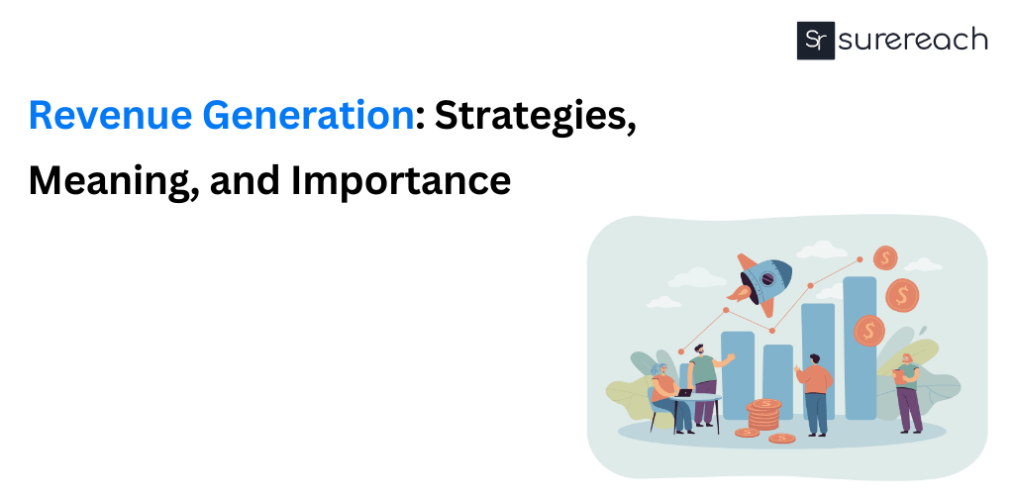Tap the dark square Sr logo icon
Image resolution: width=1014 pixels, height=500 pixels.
click(x=816, y=41)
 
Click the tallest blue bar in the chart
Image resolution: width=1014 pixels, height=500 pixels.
click(x=860, y=347)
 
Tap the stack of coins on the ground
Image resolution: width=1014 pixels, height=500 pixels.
click(x=763, y=415)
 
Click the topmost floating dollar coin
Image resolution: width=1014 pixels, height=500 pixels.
click(x=884, y=258)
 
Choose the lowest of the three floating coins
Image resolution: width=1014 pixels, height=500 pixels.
click(x=868, y=330)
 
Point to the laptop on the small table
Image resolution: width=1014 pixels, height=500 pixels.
click(x=685, y=392)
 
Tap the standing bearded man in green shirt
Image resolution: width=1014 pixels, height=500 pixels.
click(x=704, y=381)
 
